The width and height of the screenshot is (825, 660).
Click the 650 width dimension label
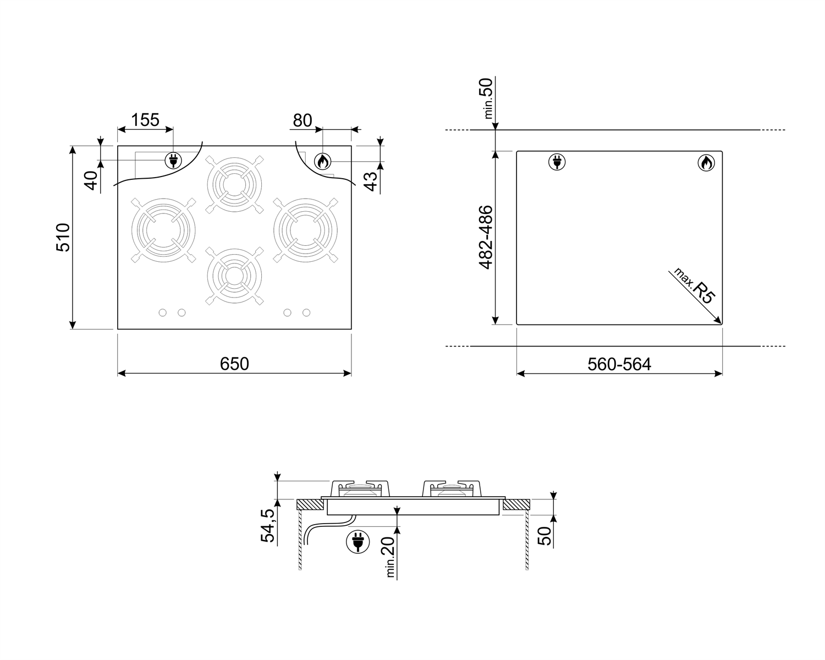tap(234, 364)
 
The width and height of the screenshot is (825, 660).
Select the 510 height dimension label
tap(63, 238)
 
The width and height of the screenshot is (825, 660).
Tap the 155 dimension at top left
tap(145, 119)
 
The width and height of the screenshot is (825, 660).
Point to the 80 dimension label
tap(302, 120)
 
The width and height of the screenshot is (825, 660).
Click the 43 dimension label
tap(372, 181)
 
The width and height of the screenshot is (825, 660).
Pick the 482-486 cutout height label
tap(485, 238)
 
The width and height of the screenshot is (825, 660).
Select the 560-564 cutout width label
tap(619, 364)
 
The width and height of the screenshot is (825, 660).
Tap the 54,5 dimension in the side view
tap(268, 526)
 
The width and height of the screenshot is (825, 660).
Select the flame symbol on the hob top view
tap(322, 161)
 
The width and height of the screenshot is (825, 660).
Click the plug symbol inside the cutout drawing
tap(557, 162)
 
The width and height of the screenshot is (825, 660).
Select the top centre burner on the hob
tap(234, 183)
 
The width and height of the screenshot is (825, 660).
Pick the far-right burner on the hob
tap(305, 229)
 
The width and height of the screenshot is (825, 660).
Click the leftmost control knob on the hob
tap(162, 312)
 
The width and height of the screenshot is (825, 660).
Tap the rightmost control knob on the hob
tap(306, 312)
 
